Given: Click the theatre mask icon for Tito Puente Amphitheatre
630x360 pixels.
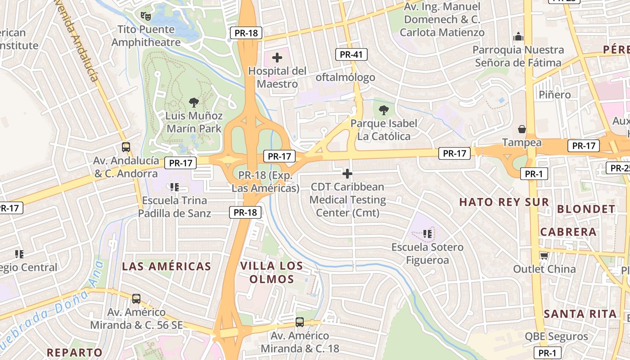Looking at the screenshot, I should point(145,16).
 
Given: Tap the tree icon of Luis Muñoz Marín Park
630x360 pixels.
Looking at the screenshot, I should point(194,103).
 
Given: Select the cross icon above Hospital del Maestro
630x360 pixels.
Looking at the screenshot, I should point(277,58).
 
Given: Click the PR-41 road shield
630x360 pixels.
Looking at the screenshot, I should point(351,54).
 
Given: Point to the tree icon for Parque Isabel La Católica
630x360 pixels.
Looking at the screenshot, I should point(384,110).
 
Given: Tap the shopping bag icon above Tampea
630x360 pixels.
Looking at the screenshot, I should point(522,129).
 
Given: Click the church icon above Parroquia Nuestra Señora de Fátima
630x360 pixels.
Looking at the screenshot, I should point(518,36).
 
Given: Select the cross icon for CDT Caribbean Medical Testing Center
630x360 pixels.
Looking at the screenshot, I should point(347,173).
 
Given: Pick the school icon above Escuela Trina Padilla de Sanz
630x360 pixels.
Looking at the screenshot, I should point(175,187).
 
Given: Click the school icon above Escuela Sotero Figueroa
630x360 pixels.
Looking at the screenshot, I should point(427,234).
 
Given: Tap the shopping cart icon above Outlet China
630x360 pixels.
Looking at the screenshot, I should point(544,256).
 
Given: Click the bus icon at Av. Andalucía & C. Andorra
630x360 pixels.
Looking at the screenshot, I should point(126,147).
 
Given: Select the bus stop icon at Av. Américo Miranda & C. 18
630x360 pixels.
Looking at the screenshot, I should point(300,322).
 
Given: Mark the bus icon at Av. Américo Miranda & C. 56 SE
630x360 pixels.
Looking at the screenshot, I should point(136,298).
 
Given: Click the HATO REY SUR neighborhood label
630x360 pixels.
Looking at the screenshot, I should point(504,202).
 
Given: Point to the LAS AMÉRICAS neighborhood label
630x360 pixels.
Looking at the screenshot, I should point(166,266).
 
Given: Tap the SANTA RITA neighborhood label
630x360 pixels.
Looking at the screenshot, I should point(580,314).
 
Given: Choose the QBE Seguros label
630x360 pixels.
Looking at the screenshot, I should point(556,336).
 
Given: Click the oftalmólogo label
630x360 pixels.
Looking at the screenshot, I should point(345,77).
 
